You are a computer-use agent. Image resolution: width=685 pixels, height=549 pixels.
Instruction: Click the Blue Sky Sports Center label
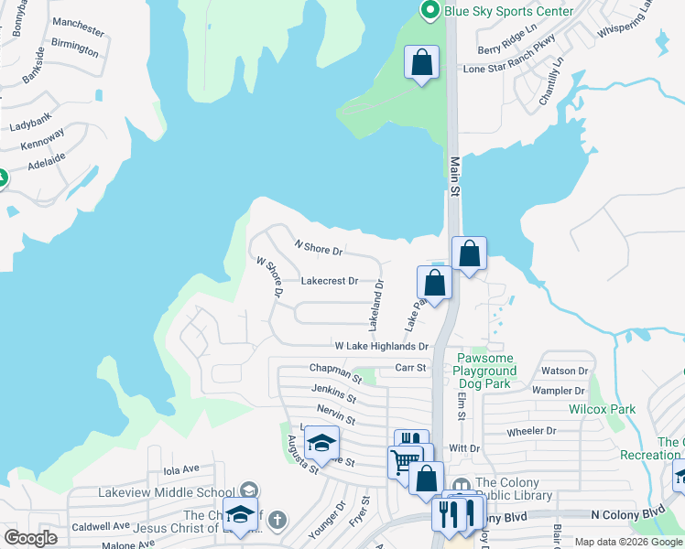pos(508,11)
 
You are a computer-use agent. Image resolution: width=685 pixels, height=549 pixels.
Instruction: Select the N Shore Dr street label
pos(319,247)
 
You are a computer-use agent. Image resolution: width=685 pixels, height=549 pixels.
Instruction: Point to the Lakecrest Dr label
pos(329,282)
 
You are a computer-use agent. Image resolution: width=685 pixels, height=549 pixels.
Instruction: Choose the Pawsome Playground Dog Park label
pos(485,364)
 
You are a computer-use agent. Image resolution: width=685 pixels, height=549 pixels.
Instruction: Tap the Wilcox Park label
pos(602,409)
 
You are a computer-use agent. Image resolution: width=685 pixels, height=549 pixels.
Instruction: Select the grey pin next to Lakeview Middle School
pos(247,491)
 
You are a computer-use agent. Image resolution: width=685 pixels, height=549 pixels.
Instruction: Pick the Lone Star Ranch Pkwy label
pos(510,69)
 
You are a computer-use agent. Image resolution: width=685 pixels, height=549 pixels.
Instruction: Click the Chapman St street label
pos(336,372)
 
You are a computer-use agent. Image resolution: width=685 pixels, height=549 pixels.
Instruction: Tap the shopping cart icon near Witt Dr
pos(404,460)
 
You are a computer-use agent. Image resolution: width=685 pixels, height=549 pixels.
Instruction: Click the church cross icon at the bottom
pos(277,521)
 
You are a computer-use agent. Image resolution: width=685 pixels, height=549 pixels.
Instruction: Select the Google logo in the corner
pos(30,539)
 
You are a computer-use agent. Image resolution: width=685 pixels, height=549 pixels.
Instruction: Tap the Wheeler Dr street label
pos(531,431)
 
